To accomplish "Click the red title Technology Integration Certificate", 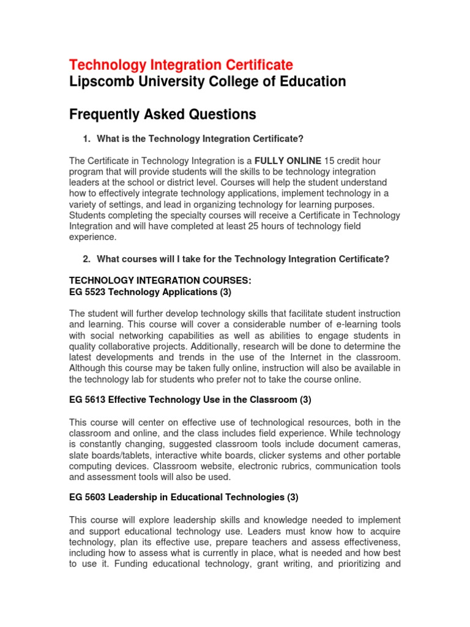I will click(x=181, y=64).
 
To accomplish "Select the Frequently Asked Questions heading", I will click(x=162, y=115).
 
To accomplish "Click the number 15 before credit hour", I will click(x=330, y=160).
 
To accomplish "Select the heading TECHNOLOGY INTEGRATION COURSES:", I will click(x=160, y=280).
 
